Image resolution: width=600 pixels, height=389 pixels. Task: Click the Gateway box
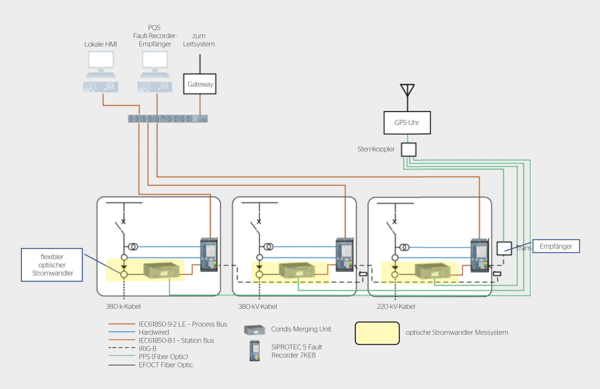coord(200,84)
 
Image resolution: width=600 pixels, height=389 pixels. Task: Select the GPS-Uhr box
coord(407,123)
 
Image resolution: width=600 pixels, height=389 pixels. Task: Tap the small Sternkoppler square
coord(409,149)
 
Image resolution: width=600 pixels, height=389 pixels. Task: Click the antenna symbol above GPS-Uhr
coord(407,90)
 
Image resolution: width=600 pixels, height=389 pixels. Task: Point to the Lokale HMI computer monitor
coord(101,61)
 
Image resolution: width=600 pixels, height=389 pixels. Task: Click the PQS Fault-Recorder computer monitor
coord(155,61)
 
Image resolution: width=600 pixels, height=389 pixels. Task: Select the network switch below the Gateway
coord(168,119)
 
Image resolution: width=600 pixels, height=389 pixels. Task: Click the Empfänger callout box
coord(556,246)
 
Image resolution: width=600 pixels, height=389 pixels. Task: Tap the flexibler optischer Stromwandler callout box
coord(52,265)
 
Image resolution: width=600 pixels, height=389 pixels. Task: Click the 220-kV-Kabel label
coord(396,306)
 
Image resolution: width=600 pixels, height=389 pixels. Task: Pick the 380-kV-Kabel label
coord(258,306)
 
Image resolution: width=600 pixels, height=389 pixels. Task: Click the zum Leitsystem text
coord(199,40)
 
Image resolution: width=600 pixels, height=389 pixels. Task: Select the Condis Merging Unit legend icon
coord(255,330)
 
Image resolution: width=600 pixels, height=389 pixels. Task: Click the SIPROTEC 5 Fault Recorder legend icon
coord(255,351)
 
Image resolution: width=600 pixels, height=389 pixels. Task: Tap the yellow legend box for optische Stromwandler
coord(377,333)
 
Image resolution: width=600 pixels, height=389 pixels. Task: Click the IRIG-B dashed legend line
coord(122,348)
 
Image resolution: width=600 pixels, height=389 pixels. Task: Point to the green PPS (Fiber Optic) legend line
coord(122,356)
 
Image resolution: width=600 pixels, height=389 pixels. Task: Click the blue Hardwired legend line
coord(122,332)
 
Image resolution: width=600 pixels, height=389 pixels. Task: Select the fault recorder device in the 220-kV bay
coord(480,255)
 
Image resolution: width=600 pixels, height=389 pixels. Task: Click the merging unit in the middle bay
coord(297,270)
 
